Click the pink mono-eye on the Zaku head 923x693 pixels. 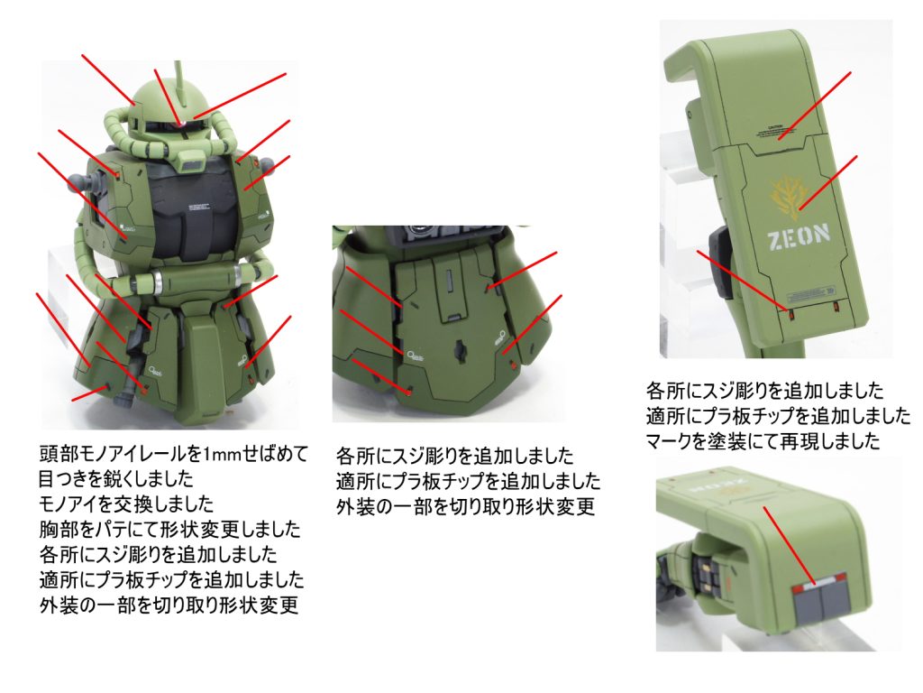click(x=182, y=123)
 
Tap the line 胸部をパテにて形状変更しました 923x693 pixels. click(x=169, y=529)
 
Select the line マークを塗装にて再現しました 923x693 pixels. click(x=763, y=440)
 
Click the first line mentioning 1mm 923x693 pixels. click(x=174, y=455)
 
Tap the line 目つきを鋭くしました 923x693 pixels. click(x=116, y=479)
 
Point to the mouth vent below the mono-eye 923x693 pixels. click(x=190, y=159)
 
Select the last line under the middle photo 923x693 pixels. click(x=465, y=506)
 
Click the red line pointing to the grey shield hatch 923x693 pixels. click(x=789, y=544)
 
